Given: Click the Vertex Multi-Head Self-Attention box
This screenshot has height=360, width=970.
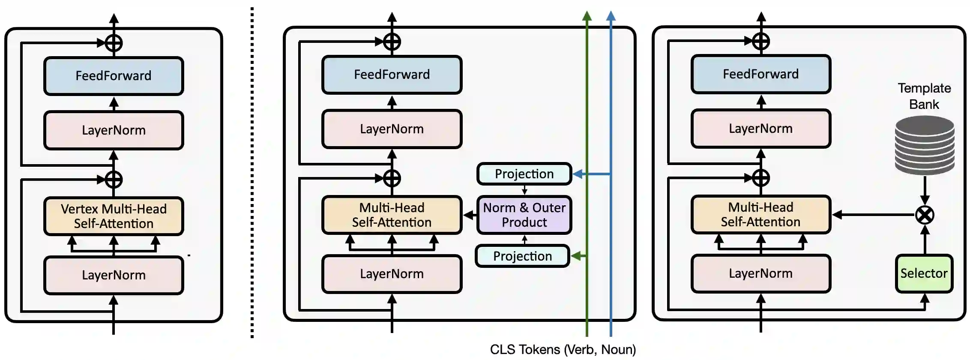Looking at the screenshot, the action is [114, 216].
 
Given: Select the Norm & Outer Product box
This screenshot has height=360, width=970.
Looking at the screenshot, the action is [524, 215].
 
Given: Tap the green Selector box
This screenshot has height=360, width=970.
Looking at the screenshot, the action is [924, 274].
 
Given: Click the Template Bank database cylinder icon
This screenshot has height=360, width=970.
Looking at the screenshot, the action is [925, 146].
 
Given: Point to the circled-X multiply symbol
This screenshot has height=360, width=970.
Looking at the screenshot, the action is [925, 215].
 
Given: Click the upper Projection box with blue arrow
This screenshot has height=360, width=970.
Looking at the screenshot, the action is [524, 174].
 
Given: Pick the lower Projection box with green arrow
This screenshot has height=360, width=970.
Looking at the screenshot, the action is [523, 256].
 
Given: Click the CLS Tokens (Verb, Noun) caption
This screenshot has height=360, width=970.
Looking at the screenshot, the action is [563, 350].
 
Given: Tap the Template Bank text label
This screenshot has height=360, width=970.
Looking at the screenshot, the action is [924, 96].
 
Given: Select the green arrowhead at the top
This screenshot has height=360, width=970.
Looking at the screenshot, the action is [587, 15].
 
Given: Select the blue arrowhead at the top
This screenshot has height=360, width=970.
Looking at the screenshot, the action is [611, 15].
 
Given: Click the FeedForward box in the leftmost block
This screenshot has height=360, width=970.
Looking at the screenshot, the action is [114, 76].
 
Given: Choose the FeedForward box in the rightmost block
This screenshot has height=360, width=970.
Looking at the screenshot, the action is [761, 74].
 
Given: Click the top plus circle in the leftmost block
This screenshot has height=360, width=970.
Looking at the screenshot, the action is [114, 43].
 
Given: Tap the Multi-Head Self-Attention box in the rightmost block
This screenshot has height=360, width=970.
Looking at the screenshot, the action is [761, 215].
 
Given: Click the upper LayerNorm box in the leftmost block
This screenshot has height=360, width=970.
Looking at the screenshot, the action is [114, 130].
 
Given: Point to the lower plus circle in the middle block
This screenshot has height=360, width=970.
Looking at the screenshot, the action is [392, 178].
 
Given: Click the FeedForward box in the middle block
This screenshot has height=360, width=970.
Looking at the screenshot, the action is [392, 75].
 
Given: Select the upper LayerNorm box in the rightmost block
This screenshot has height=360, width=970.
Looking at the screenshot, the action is [761, 129].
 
